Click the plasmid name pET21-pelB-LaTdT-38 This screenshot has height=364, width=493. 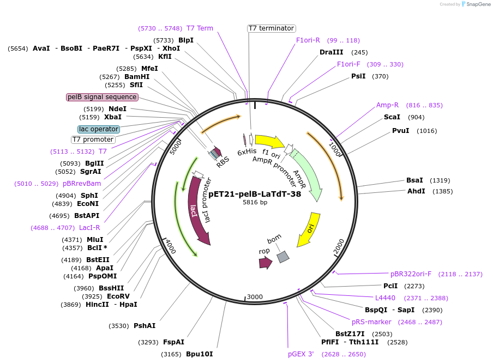coord(255,193)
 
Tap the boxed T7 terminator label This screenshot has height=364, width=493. coord(271,28)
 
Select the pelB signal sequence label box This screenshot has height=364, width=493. coord(102,97)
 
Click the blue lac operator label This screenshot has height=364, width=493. coord(99,129)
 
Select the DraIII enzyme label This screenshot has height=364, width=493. coord(331,52)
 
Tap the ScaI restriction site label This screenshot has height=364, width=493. coord(392,117)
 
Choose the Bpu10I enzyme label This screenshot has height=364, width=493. coord(199,354)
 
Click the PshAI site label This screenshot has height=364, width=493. coord(145,326)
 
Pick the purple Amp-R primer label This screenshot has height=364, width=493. coord(387,105)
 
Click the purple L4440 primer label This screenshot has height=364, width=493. coord(385,298)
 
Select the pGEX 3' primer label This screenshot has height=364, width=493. coord(301,354)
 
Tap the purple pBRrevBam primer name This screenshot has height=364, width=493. coord(82,184)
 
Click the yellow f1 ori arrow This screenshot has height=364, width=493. coord(269,142)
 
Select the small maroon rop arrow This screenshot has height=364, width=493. coord(266,263)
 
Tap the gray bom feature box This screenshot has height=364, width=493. coord(282,257)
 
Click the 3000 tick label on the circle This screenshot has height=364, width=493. coord(255,297)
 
